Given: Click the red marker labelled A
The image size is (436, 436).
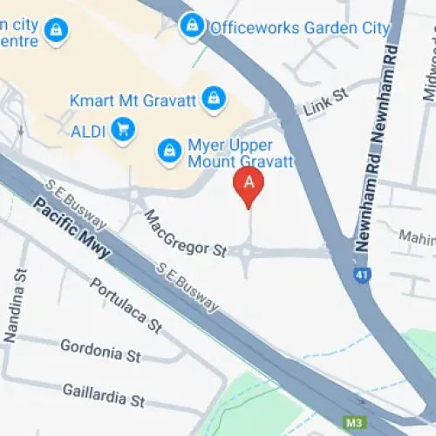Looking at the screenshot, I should pos(249,185).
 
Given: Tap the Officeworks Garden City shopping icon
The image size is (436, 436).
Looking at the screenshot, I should pos(192,26).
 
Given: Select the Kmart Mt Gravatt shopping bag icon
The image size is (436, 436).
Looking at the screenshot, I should pos(211,99).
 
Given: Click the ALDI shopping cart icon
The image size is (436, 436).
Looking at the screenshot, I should pos(125,129).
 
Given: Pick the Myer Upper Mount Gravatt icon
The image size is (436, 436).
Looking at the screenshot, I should pos(167,150).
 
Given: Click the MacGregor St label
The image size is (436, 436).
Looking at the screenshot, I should pos(185,234).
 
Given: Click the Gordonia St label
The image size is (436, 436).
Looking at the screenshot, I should pos(100,351).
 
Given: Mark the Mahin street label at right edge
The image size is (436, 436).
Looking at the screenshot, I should pos(416,236).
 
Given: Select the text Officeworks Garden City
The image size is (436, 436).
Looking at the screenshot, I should pos(299,27).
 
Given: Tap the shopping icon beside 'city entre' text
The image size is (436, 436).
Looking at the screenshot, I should pos(59,31).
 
